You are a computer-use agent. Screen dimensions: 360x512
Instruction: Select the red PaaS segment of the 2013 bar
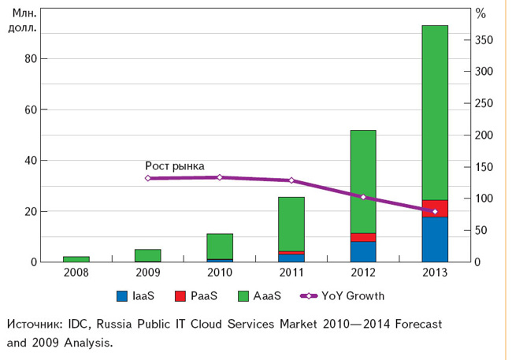coord(435,208)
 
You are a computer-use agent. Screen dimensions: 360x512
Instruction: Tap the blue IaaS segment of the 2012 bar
coord(363,252)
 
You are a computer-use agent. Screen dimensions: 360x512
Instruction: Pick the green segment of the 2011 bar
coord(291,224)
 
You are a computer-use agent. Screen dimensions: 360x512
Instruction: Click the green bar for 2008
coord(76,259)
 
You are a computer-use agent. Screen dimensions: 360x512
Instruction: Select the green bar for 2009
coord(148,255)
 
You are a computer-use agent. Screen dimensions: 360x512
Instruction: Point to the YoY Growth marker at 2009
coord(148,178)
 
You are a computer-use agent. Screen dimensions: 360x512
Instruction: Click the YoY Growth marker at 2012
coord(363,196)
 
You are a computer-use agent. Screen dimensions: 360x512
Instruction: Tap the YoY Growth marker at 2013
coord(435,212)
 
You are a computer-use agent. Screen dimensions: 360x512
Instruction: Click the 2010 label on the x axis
coord(220,273)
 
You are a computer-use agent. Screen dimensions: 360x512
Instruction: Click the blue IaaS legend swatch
coord(121,296)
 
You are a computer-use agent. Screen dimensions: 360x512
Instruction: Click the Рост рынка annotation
coord(175,165)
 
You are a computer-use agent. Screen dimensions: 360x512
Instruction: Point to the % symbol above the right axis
coord(481,14)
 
